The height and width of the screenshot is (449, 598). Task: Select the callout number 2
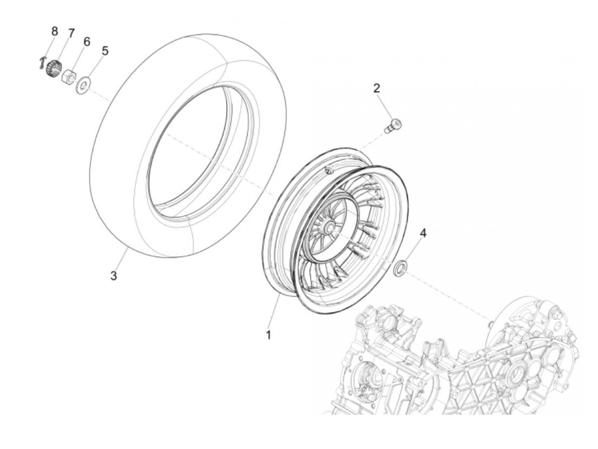(376, 88)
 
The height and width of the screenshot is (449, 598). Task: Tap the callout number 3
(113, 276)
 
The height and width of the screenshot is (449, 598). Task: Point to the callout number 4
(423, 233)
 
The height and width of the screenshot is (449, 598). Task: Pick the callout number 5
(105, 51)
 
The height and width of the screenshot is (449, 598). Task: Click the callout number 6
(87, 42)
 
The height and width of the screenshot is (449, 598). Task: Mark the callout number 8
(54, 31)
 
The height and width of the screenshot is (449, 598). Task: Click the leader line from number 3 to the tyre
(121, 260)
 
